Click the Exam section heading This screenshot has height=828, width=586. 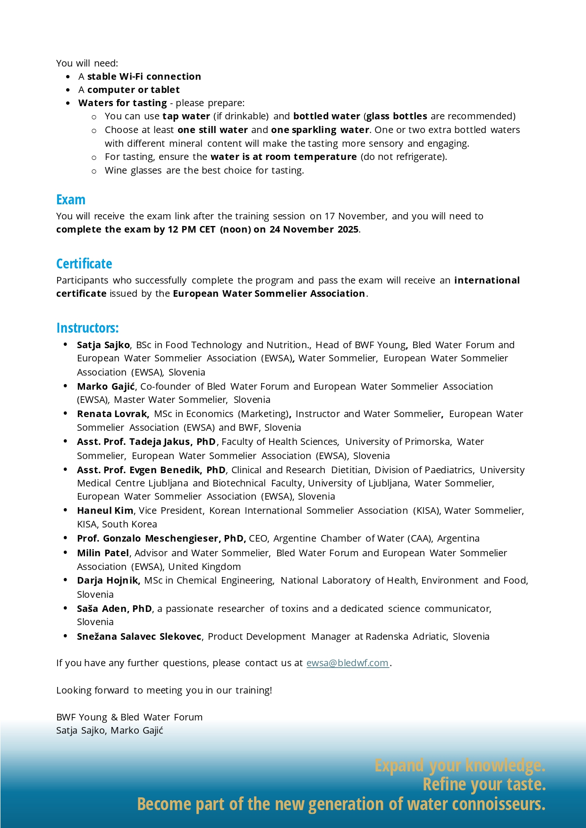click(71, 200)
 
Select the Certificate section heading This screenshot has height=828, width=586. click(84, 264)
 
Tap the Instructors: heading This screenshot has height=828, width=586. click(87, 328)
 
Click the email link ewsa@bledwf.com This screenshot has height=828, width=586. click(348, 663)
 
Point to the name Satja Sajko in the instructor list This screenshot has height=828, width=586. click(103, 345)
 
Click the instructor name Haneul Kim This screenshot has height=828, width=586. click(105, 510)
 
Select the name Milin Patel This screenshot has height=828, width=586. click(103, 553)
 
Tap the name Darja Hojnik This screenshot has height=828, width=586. click(108, 580)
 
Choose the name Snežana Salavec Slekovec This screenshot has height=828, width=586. click(139, 636)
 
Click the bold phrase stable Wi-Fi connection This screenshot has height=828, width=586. click(144, 76)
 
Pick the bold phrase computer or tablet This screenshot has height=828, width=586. click(133, 90)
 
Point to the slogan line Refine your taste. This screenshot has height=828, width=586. click(484, 785)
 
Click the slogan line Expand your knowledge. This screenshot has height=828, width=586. click(460, 765)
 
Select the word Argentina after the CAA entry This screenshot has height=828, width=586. click(458, 538)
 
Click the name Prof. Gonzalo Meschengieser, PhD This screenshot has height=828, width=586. click(161, 538)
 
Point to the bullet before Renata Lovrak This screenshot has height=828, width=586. click(65, 413)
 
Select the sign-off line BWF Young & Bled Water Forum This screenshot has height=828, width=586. click(129, 717)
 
